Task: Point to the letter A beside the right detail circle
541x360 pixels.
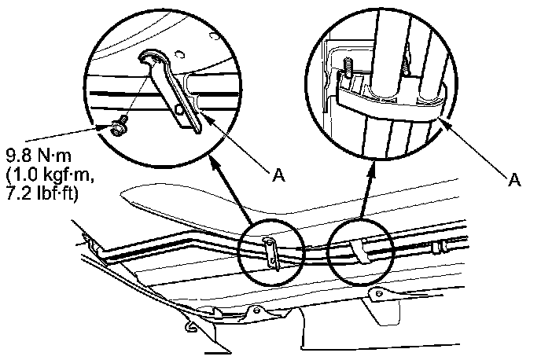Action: [515, 180]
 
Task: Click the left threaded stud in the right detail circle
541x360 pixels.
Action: [345, 72]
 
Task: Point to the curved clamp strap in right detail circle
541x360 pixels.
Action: [393, 102]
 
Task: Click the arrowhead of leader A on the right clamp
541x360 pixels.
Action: [445, 122]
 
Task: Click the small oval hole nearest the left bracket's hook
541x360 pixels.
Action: [180, 54]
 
